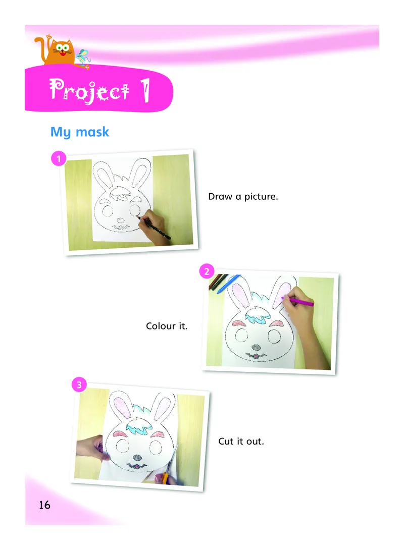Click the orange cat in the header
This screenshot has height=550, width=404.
click(58, 52)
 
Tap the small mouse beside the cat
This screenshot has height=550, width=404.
click(83, 58)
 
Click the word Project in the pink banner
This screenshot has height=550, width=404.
click(89, 90)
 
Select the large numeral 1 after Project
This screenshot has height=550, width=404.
click(145, 90)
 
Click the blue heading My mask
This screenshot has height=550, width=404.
click(80, 132)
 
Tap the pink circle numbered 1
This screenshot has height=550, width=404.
click(59, 158)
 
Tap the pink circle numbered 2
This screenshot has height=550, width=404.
click(207, 271)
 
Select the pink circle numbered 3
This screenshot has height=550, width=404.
click(79, 385)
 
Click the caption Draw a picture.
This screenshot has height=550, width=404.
click(243, 196)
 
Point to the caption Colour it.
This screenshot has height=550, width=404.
click(167, 326)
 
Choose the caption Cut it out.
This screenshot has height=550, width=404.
click(241, 442)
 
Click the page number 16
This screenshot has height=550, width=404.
click(44, 505)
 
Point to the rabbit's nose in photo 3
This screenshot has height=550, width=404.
click(137, 458)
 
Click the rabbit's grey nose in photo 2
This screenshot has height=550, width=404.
click(257, 348)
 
